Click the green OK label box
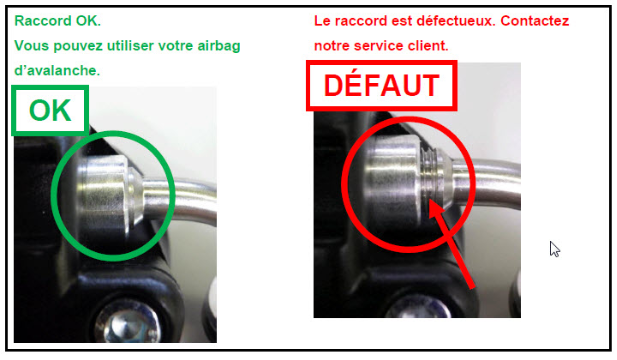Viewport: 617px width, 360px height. (x=50, y=111)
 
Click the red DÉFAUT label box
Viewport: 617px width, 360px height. (x=381, y=85)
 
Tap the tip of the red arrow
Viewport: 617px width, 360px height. (x=430, y=201)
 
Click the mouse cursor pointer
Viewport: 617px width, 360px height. (x=554, y=249)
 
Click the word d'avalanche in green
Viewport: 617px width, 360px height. (x=57, y=70)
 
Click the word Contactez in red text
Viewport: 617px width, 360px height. (x=535, y=20)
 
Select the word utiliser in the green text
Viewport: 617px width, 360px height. (x=130, y=46)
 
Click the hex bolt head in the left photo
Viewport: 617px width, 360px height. (x=129, y=324)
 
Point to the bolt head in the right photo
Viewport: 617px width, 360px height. (x=418, y=307)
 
